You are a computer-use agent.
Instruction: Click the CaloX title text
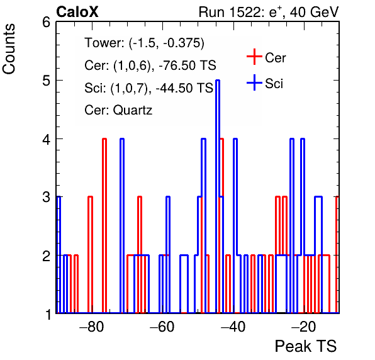pyautogui.click(x=77, y=12)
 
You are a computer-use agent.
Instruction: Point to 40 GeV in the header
pyautogui.click(x=315, y=12)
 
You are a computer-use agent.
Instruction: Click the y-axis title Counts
pyautogui.click(x=9, y=49)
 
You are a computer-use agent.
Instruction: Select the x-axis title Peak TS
pyautogui.click(x=306, y=346)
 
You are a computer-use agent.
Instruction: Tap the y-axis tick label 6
pyautogui.click(x=46, y=23)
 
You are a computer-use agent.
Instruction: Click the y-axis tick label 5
pyautogui.click(x=46, y=81)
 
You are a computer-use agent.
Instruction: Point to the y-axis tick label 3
pyautogui.click(x=46, y=197)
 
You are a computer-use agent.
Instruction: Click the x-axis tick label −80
pyautogui.click(x=92, y=327)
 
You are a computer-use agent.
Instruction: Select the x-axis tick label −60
pyautogui.click(x=162, y=327)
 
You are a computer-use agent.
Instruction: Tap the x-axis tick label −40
pyautogui.click(x=233, y=327)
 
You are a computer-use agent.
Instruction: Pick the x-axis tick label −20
pyautogui.click(x=304, y=327)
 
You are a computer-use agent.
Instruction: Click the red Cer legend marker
pyautogui.click(x=254, y=57)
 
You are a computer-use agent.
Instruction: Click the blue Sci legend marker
pyautogui.click(x=254, y=82)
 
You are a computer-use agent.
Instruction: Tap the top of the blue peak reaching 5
pyautogui.click(x=218, y=81)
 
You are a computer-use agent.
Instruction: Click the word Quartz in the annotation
pyautogui.click(x=133, y=111)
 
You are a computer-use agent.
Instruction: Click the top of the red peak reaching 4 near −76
pyautogui.click(x=104, y=138)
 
